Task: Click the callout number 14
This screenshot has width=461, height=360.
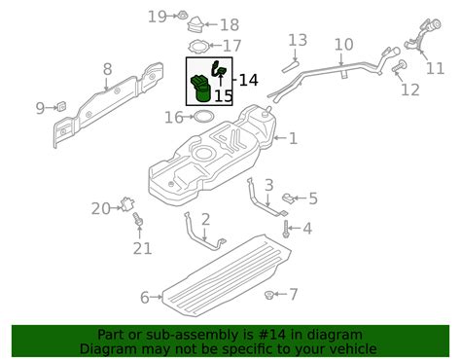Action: coord(248,80)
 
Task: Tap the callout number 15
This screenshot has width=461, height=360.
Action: coord(223,96)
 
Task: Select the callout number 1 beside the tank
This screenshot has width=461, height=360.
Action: coord(293,139)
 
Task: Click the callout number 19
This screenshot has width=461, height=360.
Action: coord(158,16)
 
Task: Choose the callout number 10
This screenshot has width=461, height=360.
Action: coord(343,45)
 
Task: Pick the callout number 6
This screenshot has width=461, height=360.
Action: coord(145,297)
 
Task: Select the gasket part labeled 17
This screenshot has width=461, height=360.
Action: coord(198,46)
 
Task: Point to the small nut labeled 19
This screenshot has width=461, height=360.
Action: coord(183,15)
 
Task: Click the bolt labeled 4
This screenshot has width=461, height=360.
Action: coord(287,231)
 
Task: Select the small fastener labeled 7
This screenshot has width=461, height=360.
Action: coord(268,293)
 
